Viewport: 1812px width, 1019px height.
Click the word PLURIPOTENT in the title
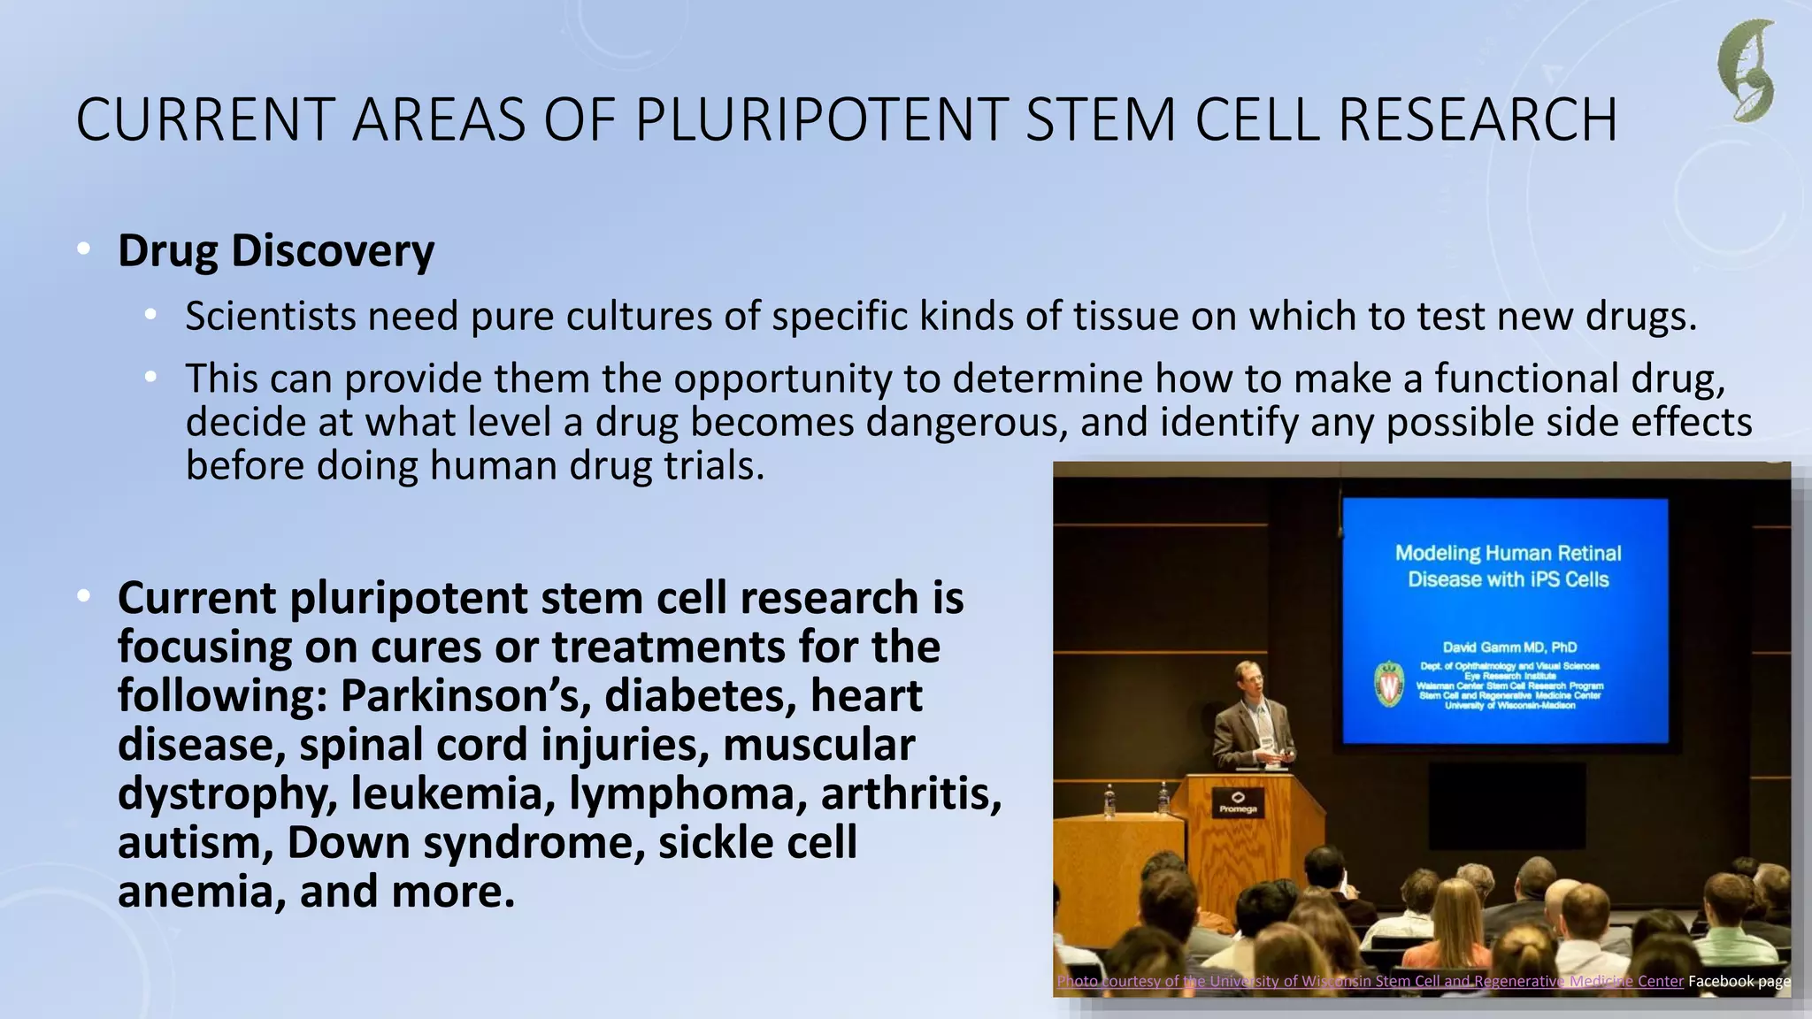(x=821, y=119)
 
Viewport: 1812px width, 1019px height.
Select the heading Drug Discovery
(x=276, y=250)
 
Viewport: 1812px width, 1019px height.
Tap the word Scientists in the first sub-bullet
(x=270, y=317)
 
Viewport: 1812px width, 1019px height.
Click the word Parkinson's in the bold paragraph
(x=465, y=696)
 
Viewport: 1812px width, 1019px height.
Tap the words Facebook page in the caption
(x=1739, y=981)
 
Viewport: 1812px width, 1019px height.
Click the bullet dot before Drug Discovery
(x=83, y=249)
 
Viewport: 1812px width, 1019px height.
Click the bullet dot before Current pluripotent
(x=83, y=597)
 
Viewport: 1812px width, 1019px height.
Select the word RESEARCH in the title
(x=1478, y=119)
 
